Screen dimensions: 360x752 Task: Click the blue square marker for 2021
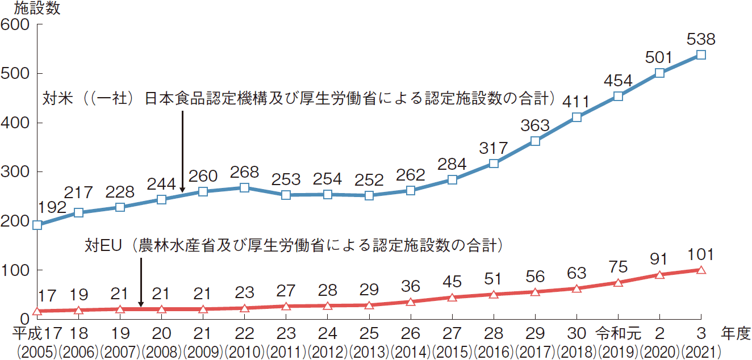(701, 55)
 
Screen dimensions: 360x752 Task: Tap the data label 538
(701, 40)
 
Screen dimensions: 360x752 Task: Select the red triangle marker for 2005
(37, 311)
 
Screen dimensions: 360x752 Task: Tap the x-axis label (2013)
(369, 351)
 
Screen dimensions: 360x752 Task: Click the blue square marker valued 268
(245, 187)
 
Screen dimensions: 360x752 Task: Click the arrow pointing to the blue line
(182, 150)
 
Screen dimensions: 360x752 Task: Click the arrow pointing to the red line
(140, 282)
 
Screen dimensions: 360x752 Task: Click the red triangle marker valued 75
(618, 282)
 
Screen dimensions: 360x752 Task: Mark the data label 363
(535, 125)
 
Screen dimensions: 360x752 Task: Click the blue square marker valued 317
(494, 164)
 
